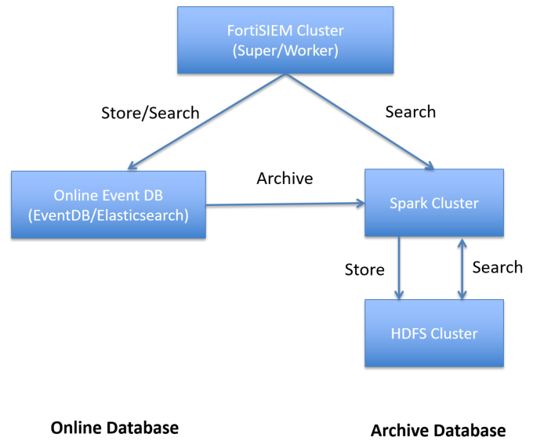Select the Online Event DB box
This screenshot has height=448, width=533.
(109, 204)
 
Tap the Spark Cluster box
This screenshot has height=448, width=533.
(433, 203)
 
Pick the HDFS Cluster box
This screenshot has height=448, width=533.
(433, 334)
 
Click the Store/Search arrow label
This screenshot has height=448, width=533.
(150, 113)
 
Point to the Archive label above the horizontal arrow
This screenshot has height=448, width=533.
(285, 179)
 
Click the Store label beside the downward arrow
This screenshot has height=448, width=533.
(364, 270)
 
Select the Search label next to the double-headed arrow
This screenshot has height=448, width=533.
(497, 267)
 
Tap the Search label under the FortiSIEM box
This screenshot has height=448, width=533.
(410, 111)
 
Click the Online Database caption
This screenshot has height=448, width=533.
(114, 428)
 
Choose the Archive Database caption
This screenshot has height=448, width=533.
(437, 431)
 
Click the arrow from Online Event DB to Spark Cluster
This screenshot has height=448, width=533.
(285, 204)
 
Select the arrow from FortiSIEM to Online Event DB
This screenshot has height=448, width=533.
(208, 121)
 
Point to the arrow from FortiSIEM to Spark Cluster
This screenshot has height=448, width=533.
(361, 121)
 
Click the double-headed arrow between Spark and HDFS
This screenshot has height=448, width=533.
(462, 268)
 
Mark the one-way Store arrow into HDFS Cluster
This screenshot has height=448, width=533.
(399, 268)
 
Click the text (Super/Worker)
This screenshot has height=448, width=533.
(286, 52)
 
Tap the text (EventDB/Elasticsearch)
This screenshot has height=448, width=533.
(109, 215)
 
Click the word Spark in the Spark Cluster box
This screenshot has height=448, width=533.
(409, 203)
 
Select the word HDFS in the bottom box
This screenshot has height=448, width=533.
(408, 334)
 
